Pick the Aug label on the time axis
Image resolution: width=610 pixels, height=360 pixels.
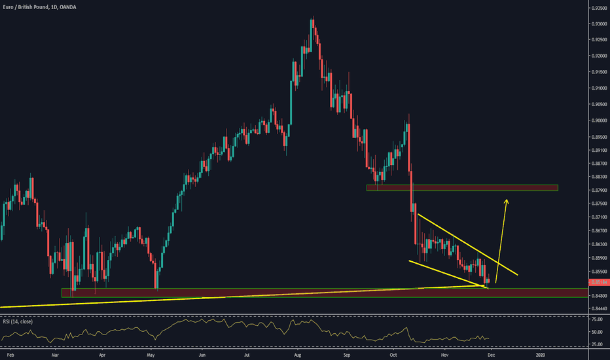click(297, 354)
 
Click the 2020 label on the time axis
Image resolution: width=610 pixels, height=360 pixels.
click(541, 354)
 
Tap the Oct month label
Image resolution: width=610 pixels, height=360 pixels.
click(393, 354)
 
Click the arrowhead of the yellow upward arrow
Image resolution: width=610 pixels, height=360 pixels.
click(506, 201)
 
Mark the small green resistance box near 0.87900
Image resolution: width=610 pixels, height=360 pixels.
click(462, 189)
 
